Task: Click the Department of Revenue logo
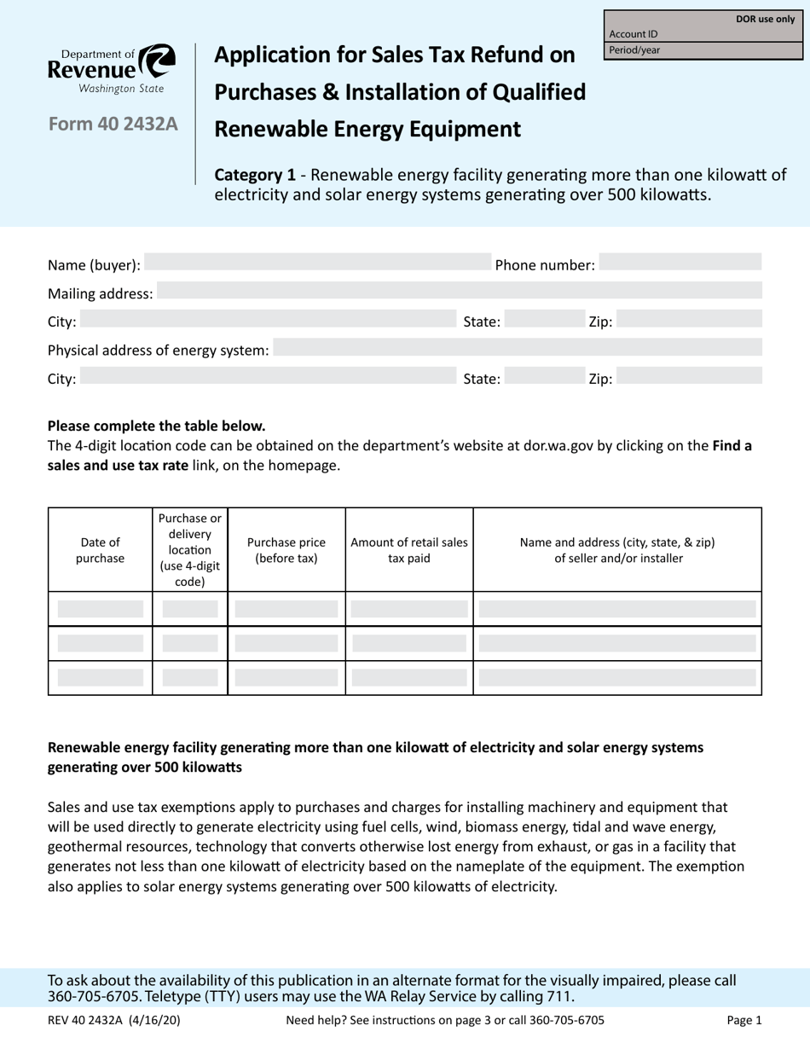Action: (x=112, y=68)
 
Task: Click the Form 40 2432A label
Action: (x=113, y=125)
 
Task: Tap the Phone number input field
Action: (x=680, y=265)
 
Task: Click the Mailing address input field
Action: (x=459, y=293)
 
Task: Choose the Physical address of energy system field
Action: (x=517, y=350)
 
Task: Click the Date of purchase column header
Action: (x=101, y=550)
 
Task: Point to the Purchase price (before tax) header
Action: (x=286, y=550)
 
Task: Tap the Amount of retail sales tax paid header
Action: (x=409, y=550)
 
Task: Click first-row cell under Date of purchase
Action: (x=101, y=609)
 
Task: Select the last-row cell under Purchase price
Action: (x=286, y=678)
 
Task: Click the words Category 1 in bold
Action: (x=255, y=176)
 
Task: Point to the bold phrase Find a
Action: (x=732, y=445)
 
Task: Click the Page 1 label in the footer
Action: (x=743, y=1019)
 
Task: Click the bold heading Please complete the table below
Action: (x=156, y=425)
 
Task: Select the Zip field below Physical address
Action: (x=688, y=378)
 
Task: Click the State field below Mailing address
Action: (x=538, y=322)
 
